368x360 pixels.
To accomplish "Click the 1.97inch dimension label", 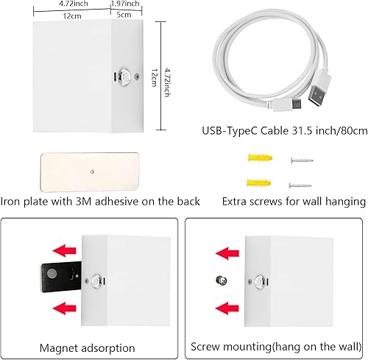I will (x=127, y=4).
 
